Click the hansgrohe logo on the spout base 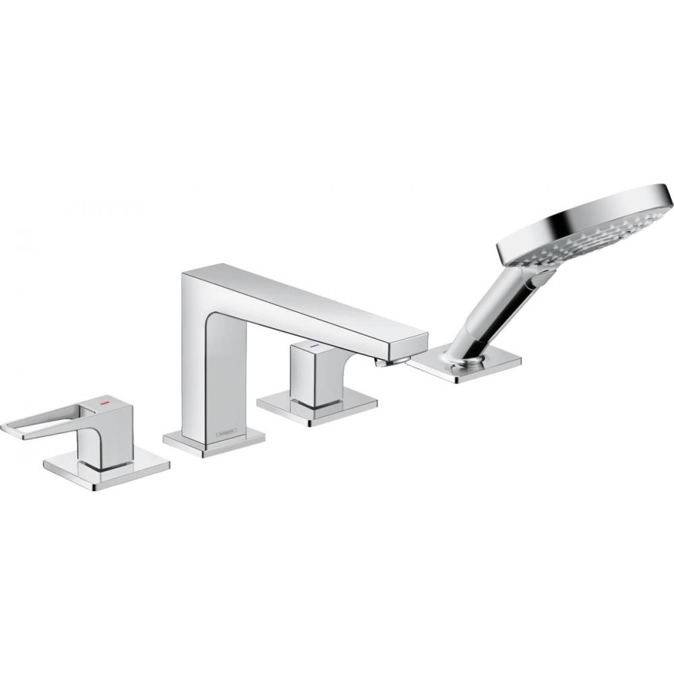(x=226, y=428)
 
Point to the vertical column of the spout (x=202, y=364)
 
